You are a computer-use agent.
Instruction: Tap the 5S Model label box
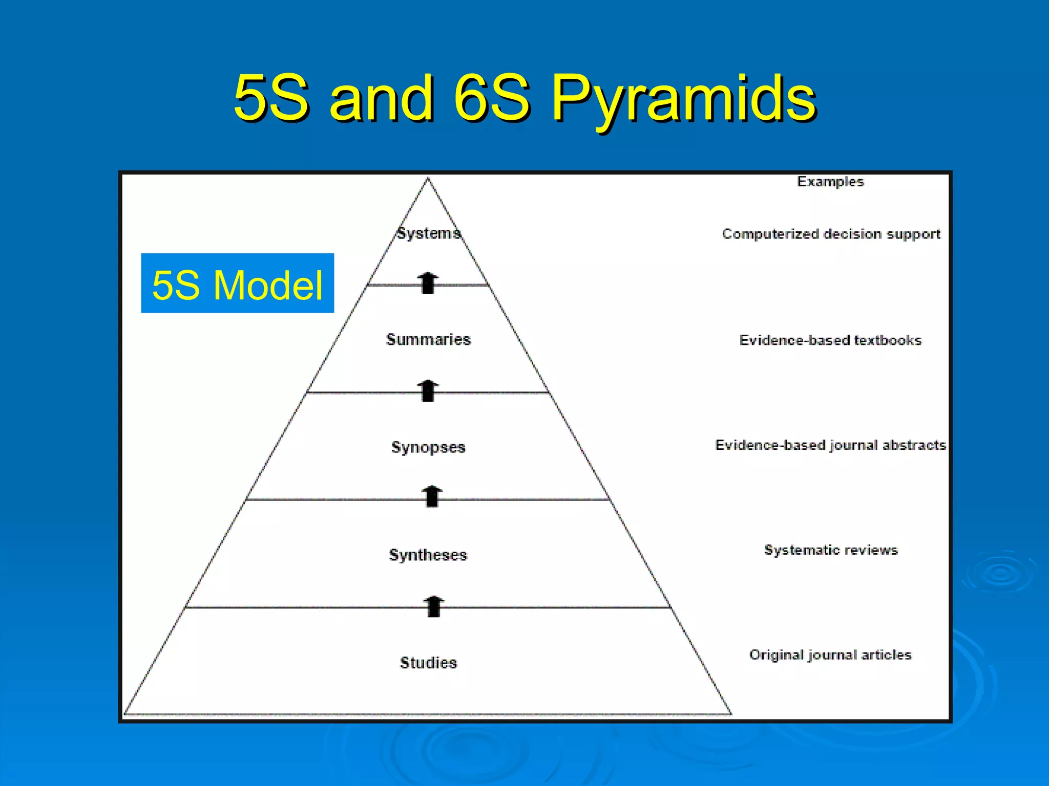[237, 283]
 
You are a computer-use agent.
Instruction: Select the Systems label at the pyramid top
[429, 233]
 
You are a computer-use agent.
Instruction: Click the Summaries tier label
[428, 339]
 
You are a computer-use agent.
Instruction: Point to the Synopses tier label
[428, 447]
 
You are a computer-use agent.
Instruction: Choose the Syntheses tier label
[428, 555]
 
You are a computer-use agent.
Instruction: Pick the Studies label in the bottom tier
[428, 663]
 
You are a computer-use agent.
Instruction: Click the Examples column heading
[830, 182]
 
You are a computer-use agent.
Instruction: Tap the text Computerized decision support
[831, 234]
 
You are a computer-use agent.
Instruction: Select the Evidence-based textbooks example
[830, 340]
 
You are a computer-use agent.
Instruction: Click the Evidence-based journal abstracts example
[830, 445]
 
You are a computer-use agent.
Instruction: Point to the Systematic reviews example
[831, 550]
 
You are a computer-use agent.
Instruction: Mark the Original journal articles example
[830, 655]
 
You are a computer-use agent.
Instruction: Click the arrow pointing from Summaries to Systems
[428, 283]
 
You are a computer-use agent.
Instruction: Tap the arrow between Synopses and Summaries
[428, 390]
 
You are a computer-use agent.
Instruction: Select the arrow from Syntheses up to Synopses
[432, 496]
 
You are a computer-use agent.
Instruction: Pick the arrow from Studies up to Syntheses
[434, 606]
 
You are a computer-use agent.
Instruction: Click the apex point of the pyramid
[428, 179]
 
